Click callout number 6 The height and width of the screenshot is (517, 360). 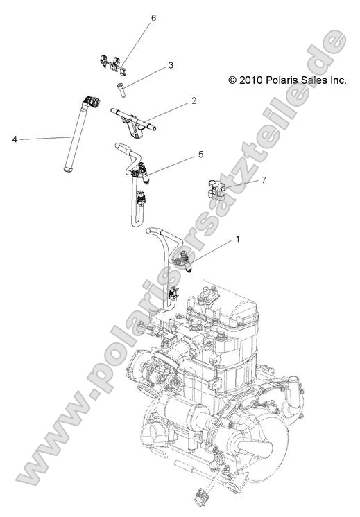coord(153,18)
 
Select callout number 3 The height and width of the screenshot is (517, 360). coord(170,67)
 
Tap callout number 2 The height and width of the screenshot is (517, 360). coord(194,101)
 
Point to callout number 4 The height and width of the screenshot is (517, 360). coord(15,139)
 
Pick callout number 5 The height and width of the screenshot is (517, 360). coord(200,155)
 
